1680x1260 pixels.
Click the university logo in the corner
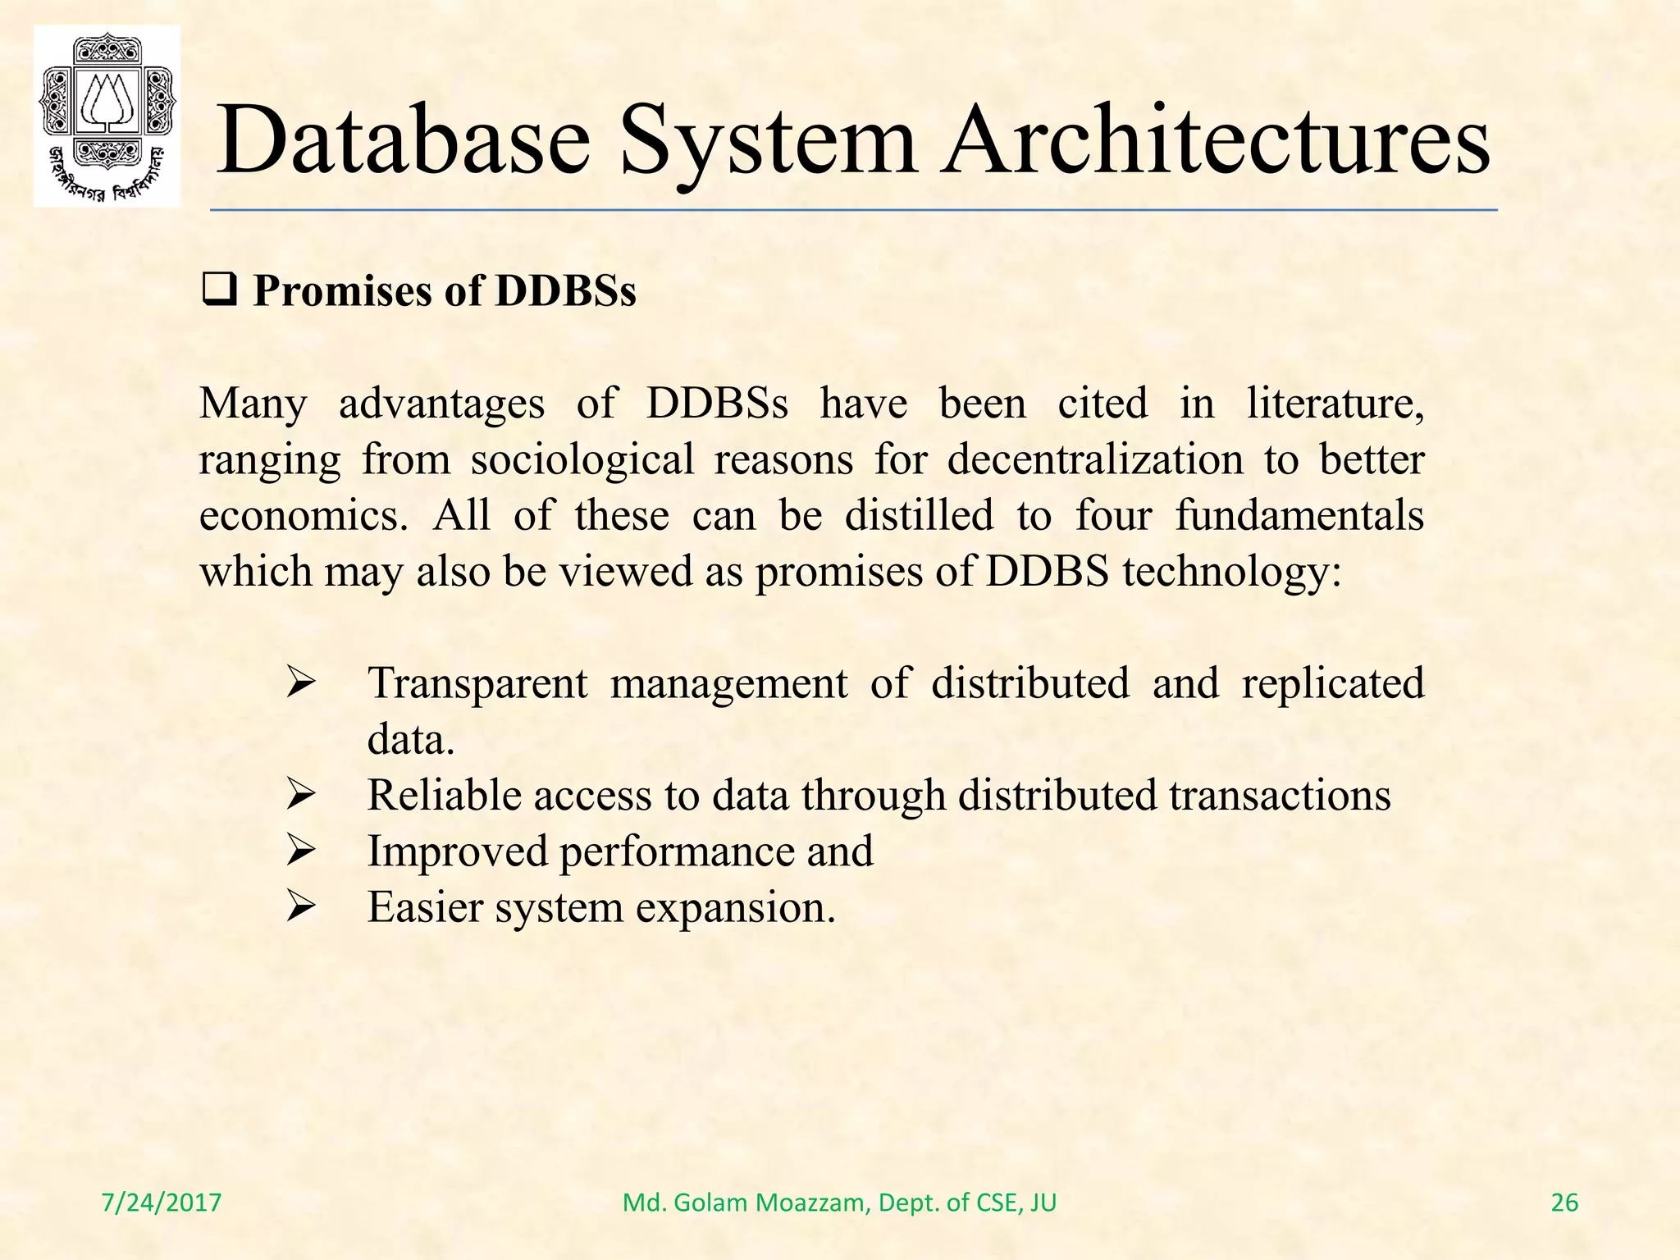[x=107, y=116]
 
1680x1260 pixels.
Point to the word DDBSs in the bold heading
[x=565, y=291]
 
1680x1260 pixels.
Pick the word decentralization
[x=1095, y=459]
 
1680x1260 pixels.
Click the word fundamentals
[x=1299, y=516]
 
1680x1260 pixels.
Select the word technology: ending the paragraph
[x=1231, y=572]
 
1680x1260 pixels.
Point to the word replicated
[x=1332, y=683]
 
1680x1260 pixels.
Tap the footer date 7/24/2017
[x=162, y=1203]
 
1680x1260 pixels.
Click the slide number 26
[x=1564, y=1203]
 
